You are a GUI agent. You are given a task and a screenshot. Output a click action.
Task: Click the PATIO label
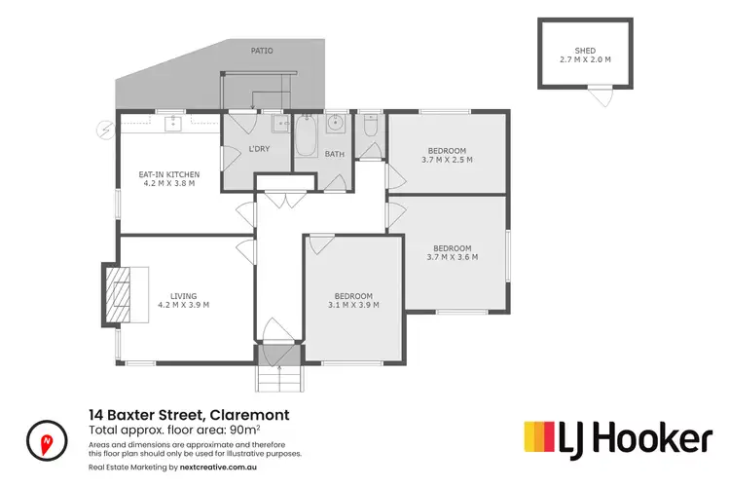(261, 49)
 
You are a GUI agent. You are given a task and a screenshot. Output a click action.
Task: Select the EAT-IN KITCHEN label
(169, 174)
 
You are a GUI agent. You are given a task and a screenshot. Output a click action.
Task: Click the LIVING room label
(184, 295)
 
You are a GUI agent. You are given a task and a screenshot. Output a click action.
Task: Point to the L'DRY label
(259, 149)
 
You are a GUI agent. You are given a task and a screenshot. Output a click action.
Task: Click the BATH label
(335, 154)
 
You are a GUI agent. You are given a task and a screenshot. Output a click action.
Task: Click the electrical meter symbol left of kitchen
(104, 128)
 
